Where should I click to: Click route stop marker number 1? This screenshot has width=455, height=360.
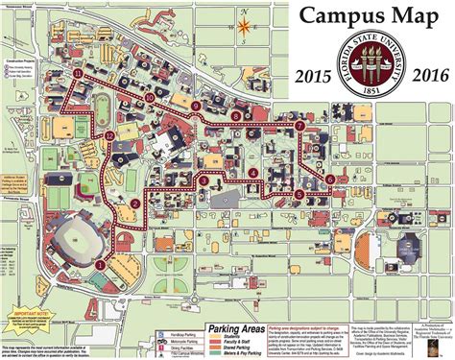(101, 263)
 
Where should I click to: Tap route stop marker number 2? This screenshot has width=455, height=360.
(135, 204)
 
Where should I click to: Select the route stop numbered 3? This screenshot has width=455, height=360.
(204, 180)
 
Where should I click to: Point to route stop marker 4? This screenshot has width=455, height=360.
(251, 173)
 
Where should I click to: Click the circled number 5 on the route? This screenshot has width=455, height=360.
(299, 195)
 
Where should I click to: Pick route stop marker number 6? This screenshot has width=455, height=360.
(330, 180)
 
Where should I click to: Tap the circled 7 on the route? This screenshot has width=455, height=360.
(300, 126)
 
